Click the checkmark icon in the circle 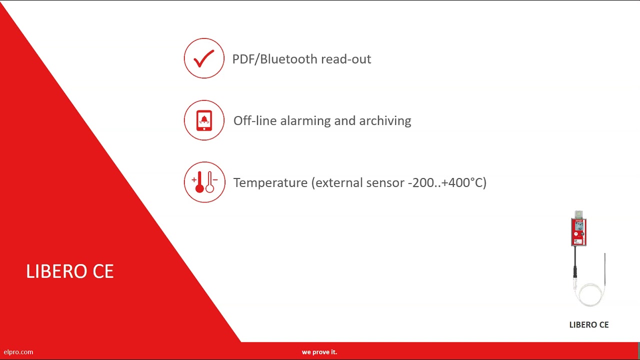point(204,58)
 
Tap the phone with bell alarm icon point(204,120)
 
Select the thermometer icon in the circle point(204,182)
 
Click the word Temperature point(270,182)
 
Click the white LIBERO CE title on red point(70,271)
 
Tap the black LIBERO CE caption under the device point(588,325)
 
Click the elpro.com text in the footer point(18,352)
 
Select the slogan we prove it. point(319,352)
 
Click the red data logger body point(578,231)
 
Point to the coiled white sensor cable point(590,295)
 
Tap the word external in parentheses point(339,182)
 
